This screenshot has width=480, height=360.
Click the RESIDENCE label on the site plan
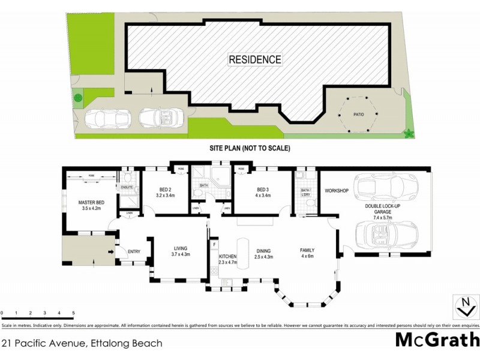pos(254,59)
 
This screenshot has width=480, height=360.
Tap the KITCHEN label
pos(228,257)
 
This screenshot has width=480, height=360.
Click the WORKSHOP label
pos(337,191)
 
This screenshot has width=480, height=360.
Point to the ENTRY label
pos(134,251)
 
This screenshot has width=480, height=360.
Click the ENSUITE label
pos(127,187)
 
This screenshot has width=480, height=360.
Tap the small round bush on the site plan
pos(78,97)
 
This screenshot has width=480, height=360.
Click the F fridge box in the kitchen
pos(214,245)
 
